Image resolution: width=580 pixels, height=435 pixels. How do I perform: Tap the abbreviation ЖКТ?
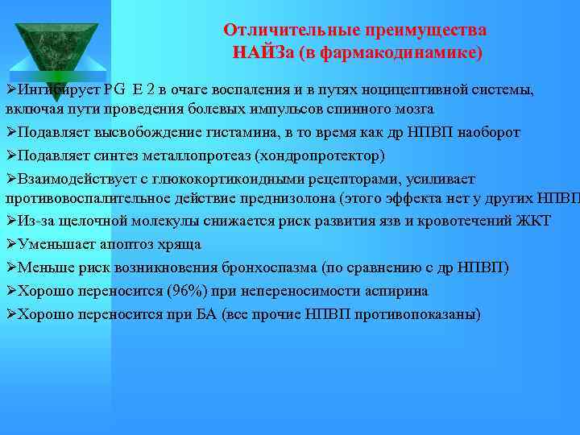click(x=532, y=220)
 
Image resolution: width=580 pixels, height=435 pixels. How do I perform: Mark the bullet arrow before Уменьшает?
click(x=10, y=243)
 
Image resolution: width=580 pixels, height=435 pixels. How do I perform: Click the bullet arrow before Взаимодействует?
click(x=10, y=178)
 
